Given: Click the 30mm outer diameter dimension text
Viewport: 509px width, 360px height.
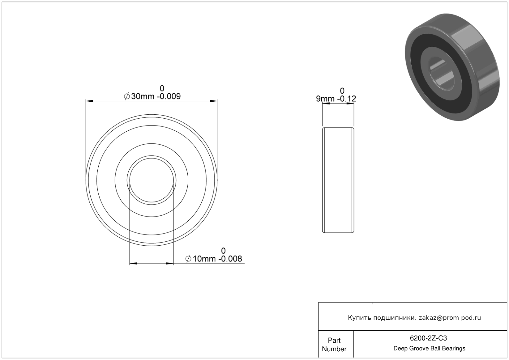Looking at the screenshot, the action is (x=143, y=96).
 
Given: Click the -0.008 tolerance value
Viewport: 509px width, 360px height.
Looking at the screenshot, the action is (x=230, y=259).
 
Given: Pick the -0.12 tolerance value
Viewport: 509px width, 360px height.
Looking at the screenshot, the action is (x=347, y=99).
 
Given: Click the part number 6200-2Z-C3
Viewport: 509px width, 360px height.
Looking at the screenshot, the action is (x=428, y=338).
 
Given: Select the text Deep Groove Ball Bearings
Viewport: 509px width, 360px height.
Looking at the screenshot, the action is (x=429, y=348).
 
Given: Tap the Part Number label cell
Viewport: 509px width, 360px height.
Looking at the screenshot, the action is (x=334, y=345).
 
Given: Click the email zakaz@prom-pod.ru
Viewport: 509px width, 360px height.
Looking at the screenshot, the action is (x=450, y=318).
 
